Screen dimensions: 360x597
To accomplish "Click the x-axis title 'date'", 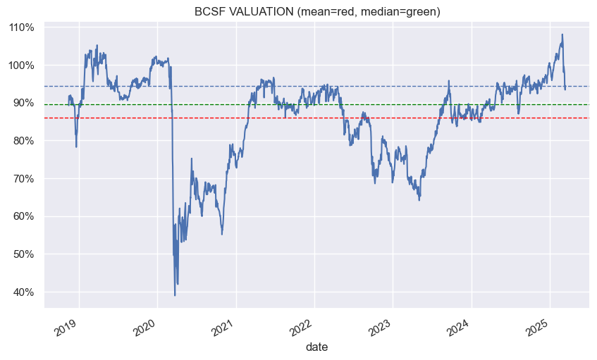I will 316,347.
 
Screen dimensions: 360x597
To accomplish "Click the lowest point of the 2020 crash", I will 175,295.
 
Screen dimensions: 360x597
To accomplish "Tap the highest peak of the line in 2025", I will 562,35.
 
